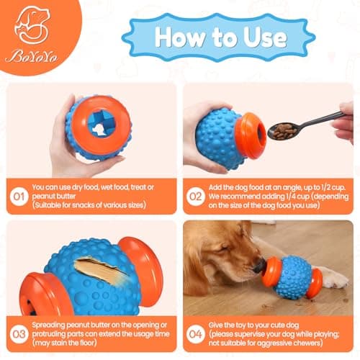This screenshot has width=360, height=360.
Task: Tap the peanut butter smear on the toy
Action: (96, 271)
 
